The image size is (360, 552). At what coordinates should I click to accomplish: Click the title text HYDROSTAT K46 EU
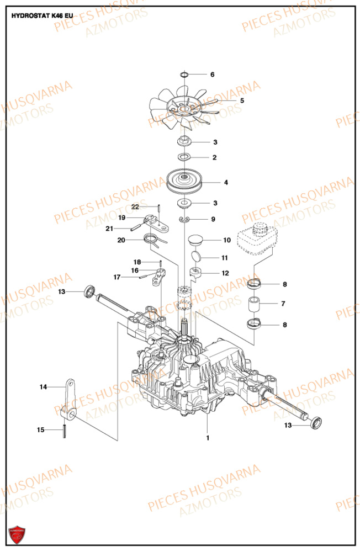pyautogui.click(x=41, y=16)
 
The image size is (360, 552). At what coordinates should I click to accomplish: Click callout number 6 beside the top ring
pyautogui.click(x=211, y=75)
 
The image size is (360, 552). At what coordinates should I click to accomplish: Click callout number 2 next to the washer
pyautogui.click(x=215, y=157)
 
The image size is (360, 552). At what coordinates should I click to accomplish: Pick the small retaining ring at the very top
pyautogui.click(x=185, y=75)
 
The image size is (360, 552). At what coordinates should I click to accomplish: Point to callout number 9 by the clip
pyautogui.click(x=213, y=219)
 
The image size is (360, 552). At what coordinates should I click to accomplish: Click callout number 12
pyautogui.click(x=225, y=273)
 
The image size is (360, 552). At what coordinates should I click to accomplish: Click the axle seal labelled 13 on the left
pyautogui.click(x=89, y=290)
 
